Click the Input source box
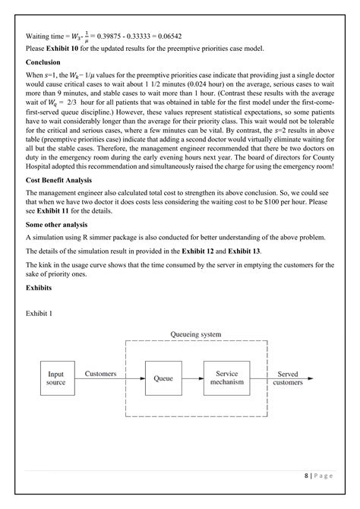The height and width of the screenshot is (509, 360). (x=56, y=378)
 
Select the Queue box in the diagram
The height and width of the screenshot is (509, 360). (x=163, y=378)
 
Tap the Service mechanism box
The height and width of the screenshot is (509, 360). (x=227, y=378)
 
